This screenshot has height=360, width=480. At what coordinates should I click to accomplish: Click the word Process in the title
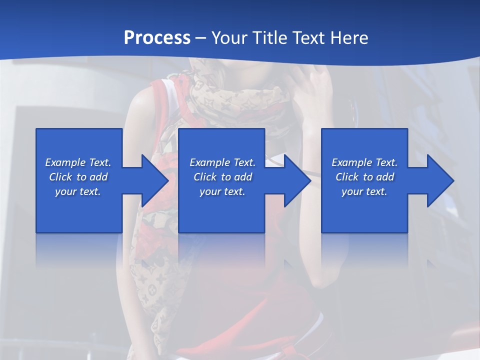click(x=157, y=38)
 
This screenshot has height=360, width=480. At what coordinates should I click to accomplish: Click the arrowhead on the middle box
click(x=297, y=180)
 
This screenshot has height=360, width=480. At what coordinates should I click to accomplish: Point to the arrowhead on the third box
click(x=440, y=180)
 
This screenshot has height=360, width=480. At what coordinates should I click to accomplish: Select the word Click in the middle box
click(x=205, y=177)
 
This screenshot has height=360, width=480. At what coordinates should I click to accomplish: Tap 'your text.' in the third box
click(x=364, y=191)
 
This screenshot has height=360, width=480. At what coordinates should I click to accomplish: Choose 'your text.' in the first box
click(x=78, y=191)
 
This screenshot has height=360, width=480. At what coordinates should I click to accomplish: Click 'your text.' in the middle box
click(x=222, y=191)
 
